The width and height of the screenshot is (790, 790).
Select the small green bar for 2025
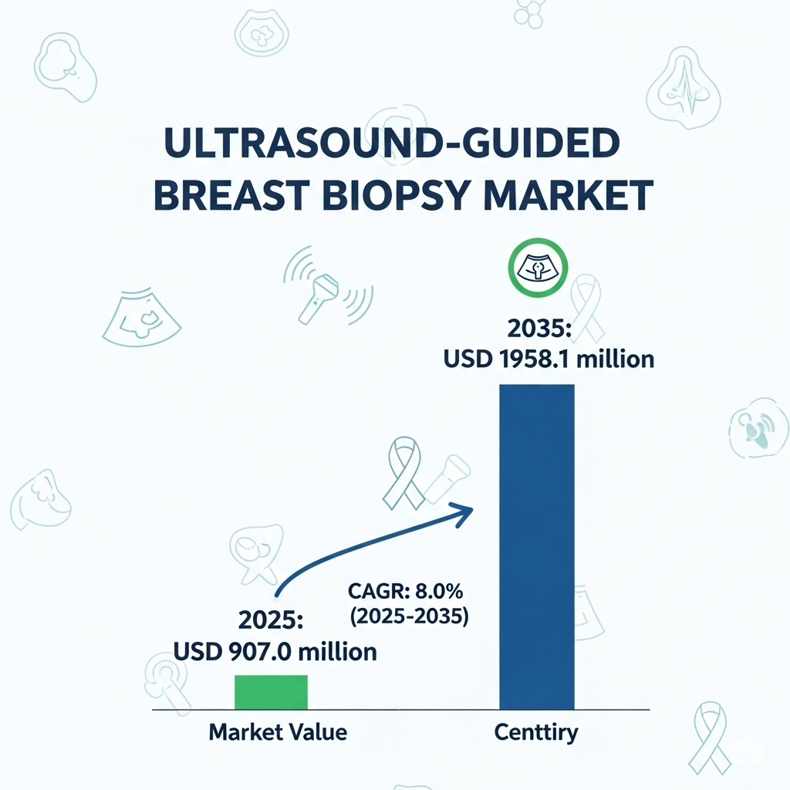271,692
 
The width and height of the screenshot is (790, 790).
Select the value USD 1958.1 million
549,360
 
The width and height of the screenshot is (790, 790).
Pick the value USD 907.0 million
275,651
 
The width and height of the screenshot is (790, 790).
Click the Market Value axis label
278,731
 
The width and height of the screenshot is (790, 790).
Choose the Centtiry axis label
535,731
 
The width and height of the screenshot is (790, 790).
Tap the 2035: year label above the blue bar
538,329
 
